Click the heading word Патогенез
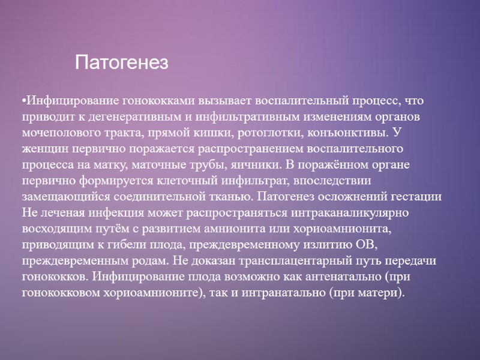pos(122,62)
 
